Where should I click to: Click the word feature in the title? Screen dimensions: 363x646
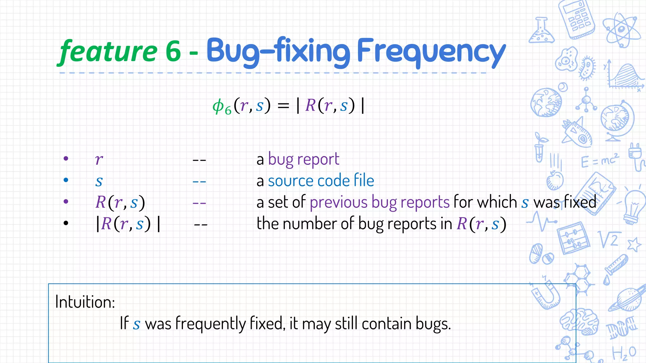(x=108, y=51)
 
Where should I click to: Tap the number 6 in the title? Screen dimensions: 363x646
(x=173, y=51)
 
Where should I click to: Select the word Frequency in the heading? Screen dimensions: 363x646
(x=431, y=51)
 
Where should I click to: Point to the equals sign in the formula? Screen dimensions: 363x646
(x=283, y=106)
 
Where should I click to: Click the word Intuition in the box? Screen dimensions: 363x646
(x=85, y=302)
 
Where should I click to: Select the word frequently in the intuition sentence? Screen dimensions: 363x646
(x=210, y=324)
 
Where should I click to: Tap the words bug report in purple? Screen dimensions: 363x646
(x=303, y=159)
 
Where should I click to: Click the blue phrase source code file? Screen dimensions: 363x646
(x=321, y=181)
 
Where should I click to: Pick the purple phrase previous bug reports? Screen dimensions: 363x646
(x=379, y=202)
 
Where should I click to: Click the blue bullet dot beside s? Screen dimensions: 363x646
(x=66, y=180)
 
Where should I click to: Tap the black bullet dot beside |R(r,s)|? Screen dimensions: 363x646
(x=66, y=223)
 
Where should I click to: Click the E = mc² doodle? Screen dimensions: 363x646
(x=600, y=160)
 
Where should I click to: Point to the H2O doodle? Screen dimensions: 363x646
(x=624, y=353)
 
